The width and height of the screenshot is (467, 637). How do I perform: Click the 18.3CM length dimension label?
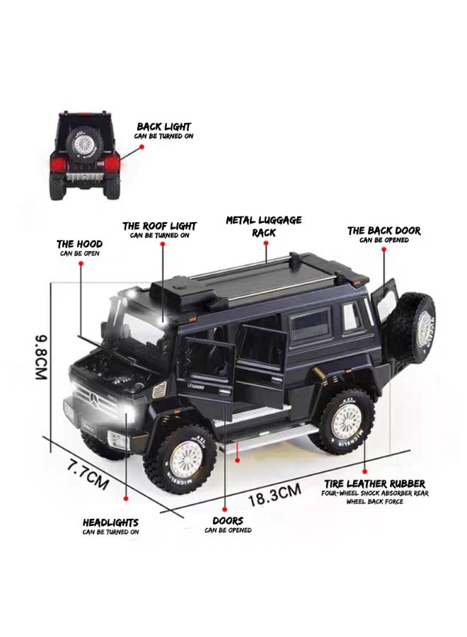275,495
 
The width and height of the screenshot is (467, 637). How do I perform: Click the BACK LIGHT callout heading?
163,127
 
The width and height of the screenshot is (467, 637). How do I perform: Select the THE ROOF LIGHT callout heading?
160,226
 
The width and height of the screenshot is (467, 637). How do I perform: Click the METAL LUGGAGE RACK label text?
264,226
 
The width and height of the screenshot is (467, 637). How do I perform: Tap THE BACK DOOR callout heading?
384,231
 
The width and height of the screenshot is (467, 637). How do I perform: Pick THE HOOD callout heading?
79,244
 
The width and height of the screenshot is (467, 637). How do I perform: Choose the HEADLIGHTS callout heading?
110,522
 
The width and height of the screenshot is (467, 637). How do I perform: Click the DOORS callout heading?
228,520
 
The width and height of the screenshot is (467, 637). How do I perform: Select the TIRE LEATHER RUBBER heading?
374,484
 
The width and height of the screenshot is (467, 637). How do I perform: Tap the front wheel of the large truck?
180,459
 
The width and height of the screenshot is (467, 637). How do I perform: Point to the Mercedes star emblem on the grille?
95,401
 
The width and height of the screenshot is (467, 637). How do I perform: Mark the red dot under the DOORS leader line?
224,509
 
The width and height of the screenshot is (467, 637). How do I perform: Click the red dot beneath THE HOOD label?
81,263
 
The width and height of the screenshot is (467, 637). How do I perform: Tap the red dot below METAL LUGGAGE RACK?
266,243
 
